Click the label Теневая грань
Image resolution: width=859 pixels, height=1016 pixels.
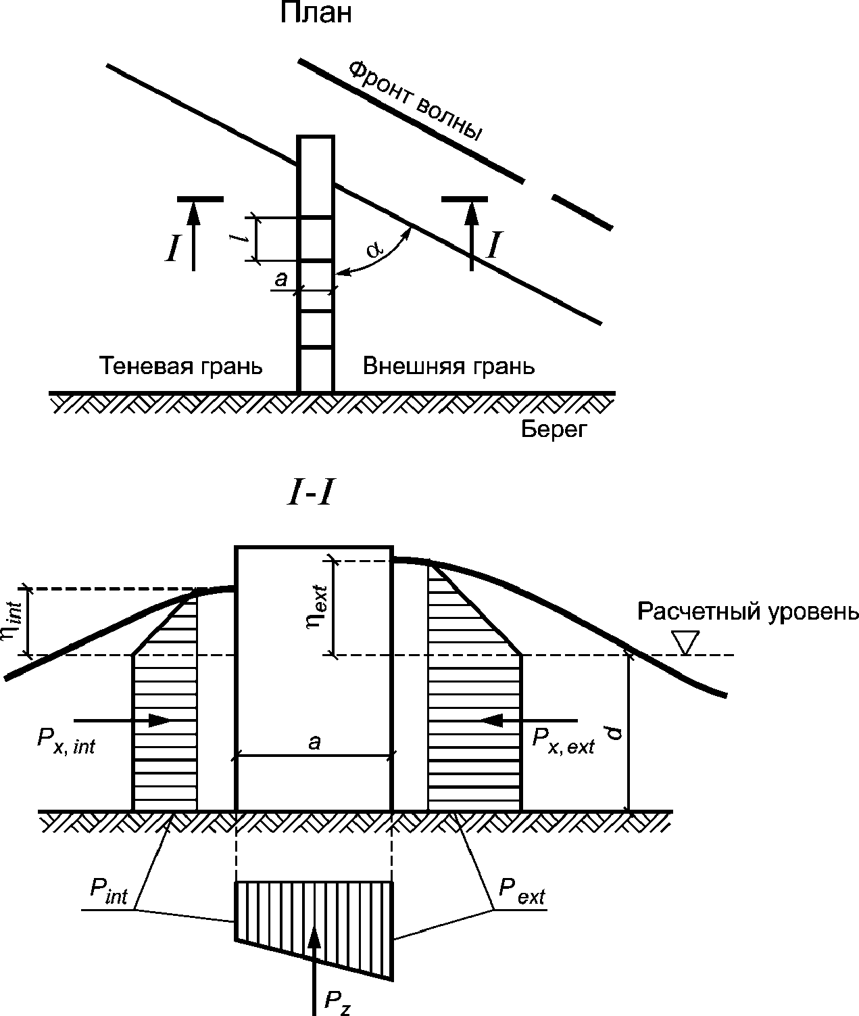point(181,366)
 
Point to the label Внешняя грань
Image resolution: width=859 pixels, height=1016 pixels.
point(449,366)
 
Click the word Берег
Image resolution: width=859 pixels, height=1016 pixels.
point(552,429)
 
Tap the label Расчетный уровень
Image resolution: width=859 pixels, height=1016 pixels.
point(748,611)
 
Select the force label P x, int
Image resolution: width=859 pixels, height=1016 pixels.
point(66,741)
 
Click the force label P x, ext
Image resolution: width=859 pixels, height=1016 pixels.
point(563,741)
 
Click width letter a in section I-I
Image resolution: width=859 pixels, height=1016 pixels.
point(314,742)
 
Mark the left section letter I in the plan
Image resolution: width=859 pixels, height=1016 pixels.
point(174,249)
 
